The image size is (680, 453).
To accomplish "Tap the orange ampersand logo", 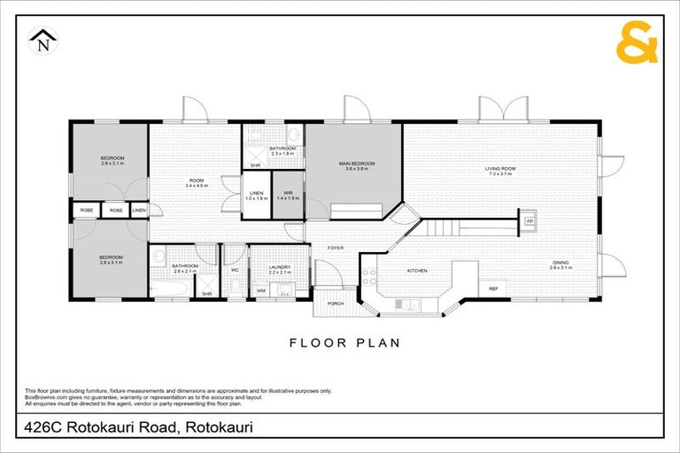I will (x=637, y=44).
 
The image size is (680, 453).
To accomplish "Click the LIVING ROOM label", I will (x=500, y=168).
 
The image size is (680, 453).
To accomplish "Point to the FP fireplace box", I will (x=529, y=220).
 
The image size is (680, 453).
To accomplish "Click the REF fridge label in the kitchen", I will (x=493, y=288).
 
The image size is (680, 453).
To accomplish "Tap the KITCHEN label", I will (x=417, y=270).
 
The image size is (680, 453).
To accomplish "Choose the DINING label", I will (x=560, y=262).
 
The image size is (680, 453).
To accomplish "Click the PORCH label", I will (x=336, y=303).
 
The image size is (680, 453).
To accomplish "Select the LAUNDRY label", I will (x=267, y=266).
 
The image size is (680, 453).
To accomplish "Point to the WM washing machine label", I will (x=260, y=290).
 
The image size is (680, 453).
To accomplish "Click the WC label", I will (x=235, y=270).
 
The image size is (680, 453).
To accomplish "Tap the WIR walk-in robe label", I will (x=288, y=193).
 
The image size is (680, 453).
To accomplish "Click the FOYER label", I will (x=336, y=248).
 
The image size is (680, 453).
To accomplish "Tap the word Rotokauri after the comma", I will (x=217, y=428).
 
